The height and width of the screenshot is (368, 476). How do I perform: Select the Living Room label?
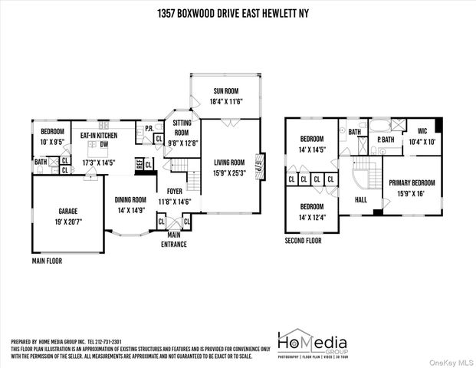228,162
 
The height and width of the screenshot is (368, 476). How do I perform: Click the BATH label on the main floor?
41,162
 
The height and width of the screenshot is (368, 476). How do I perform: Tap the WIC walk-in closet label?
422,131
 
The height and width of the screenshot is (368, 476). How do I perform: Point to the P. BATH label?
385,140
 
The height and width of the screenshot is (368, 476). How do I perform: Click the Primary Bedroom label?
412,182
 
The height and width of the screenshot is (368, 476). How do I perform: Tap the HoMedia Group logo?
312,344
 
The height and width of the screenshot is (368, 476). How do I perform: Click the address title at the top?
238,13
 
